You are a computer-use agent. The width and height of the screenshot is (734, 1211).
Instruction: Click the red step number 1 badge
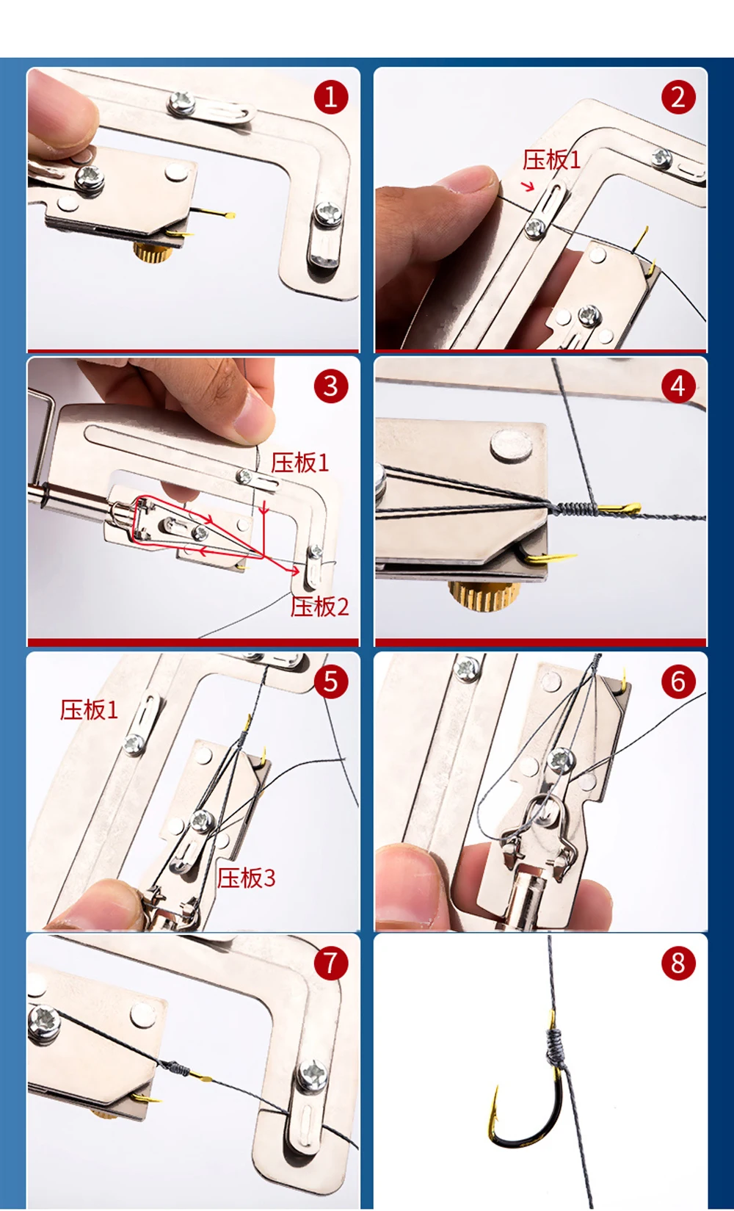(331, 98)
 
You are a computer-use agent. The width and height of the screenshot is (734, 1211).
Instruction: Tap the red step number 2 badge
(677, 98)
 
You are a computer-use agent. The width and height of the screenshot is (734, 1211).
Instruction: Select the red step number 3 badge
(331, 386)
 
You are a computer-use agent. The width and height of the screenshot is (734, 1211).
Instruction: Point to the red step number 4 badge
(677, 386)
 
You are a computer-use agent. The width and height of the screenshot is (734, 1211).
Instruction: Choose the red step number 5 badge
(331, 682)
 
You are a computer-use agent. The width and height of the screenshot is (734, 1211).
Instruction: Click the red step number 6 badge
(677, 682)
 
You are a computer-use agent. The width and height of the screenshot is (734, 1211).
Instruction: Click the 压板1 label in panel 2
(551, 160)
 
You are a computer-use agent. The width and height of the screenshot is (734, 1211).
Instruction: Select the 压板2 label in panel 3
(319, 607)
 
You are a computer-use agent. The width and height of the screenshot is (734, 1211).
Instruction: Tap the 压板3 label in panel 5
(246, 878)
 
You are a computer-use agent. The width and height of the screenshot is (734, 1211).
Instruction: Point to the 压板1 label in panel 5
(90, 710)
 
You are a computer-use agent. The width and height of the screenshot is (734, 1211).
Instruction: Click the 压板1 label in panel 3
(300, 463)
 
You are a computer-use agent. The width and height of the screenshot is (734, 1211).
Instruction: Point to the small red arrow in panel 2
(528, 187)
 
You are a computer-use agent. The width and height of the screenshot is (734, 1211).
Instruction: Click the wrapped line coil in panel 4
(576, 509)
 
